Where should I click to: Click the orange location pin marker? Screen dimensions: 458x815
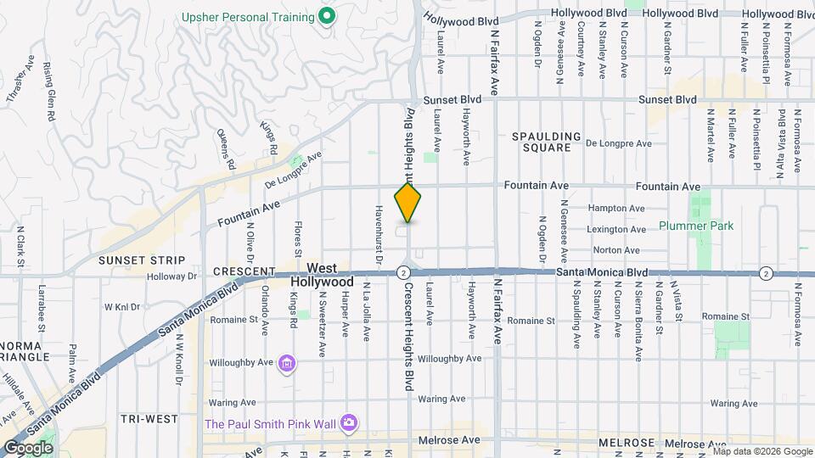407,203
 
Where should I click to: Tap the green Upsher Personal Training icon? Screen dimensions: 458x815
325,16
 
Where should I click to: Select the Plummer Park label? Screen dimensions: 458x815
695,226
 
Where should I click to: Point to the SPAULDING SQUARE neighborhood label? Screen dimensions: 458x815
546,142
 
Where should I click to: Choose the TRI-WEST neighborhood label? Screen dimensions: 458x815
149,419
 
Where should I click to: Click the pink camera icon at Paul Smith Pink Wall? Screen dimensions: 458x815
349,422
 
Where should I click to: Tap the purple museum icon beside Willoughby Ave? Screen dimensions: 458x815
288,364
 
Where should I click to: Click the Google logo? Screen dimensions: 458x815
27,447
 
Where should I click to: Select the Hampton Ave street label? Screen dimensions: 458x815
615,209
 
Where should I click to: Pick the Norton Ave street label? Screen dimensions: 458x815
615,250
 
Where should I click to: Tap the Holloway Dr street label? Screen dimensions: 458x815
172,276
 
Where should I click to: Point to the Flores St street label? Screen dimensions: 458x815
298,239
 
